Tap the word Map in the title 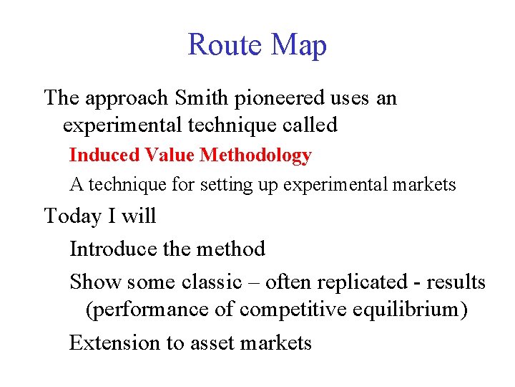[299, 45]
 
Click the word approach [124, 97]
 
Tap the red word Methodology [256, 156]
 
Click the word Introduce [113, 249]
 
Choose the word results [456, 282]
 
